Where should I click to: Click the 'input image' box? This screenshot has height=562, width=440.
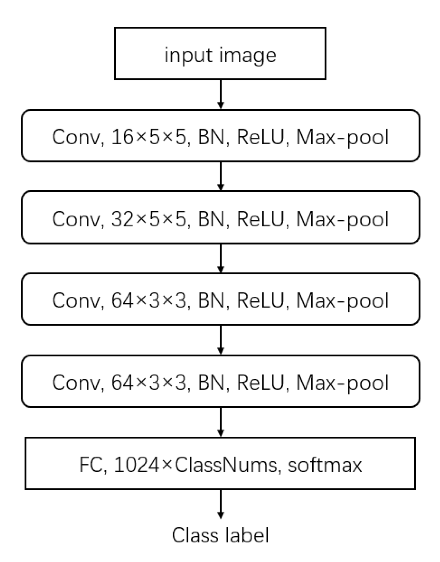click(220, 54)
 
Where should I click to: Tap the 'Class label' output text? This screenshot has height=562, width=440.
click(220, 535)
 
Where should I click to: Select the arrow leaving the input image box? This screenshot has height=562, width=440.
click(221, 94)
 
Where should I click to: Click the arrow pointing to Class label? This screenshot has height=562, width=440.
click(221, 504)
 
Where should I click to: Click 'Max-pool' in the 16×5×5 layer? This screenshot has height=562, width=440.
click(342, 137)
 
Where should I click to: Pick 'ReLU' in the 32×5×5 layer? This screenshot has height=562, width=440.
click(263, 219)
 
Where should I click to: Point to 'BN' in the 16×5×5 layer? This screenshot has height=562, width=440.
click(211, 137)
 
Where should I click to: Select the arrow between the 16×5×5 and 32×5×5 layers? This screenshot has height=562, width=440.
click(221, 176)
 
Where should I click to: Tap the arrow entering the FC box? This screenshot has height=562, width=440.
click(221, 422)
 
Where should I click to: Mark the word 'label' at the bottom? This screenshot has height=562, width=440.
click(247, 535)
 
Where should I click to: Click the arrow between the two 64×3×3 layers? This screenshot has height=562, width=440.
click(221, 340)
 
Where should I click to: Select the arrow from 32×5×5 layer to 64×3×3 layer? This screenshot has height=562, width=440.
click(221, 258)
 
